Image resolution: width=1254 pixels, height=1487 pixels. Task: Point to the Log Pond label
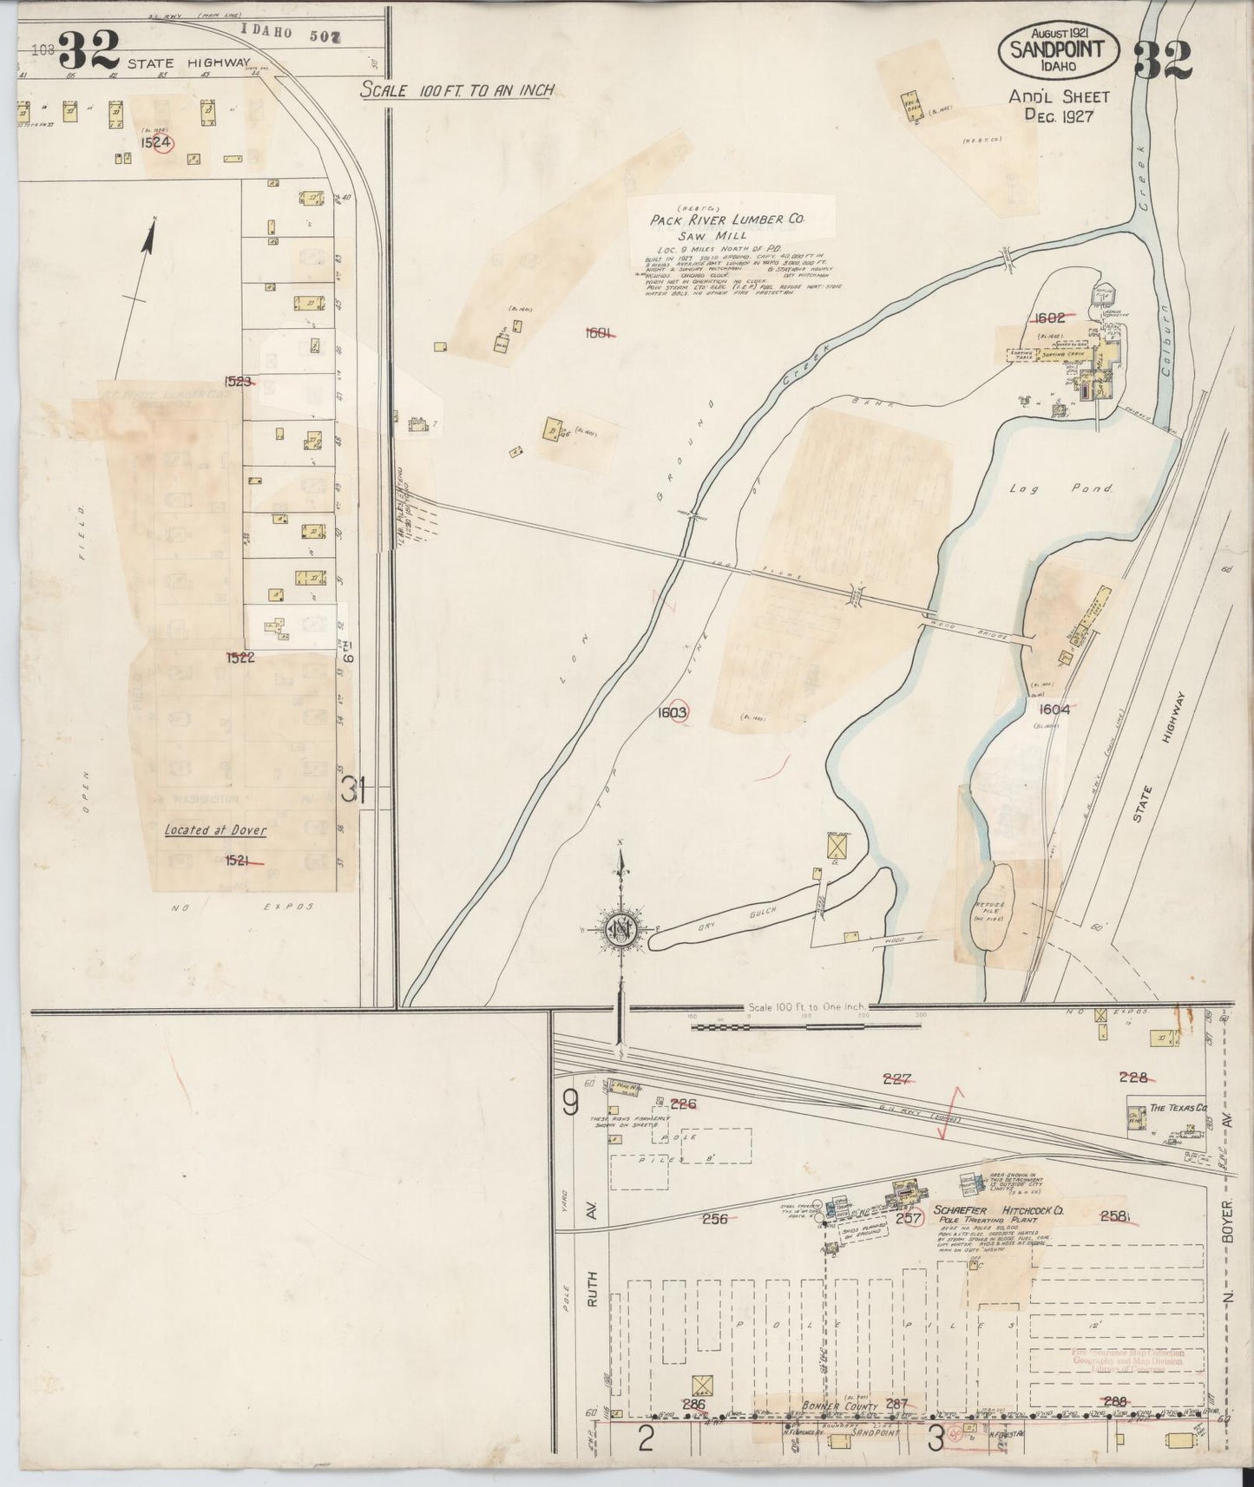(1060, 489)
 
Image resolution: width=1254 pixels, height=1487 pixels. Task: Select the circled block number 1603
(673, 712)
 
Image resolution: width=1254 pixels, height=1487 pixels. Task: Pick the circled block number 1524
(157, 142)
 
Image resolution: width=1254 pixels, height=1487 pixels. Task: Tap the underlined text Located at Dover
(214, 829)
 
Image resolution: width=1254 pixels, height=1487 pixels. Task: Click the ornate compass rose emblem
(621, 929)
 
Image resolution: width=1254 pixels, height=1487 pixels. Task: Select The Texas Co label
(1178, 1110)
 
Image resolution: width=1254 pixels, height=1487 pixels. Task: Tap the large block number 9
(570, 1103)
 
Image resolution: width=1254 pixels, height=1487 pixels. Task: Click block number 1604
(1050, 709)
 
